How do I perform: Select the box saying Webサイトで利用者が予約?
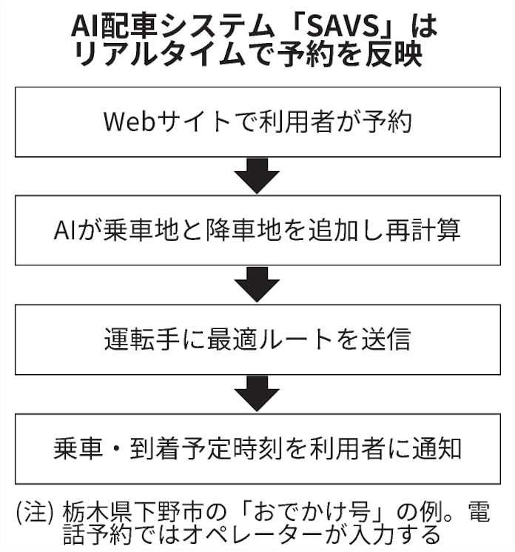pyautogui.click(x=257, y=122)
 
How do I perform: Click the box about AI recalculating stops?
pyautogui.click(x=257, y=230)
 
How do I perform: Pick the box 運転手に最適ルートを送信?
pyautogui.click(x=257, y=339)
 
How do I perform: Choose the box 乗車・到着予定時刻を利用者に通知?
pyautogui.click(x=257, y=449)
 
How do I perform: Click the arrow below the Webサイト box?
pyautogui.click(x=257, y=176)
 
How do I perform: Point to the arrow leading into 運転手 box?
pyautogui.click(x=257, y=285)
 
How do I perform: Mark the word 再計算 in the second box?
pyautogui.click(x=424, y=231)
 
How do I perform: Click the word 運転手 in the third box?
pyautogui.click(x=136, y=340)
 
